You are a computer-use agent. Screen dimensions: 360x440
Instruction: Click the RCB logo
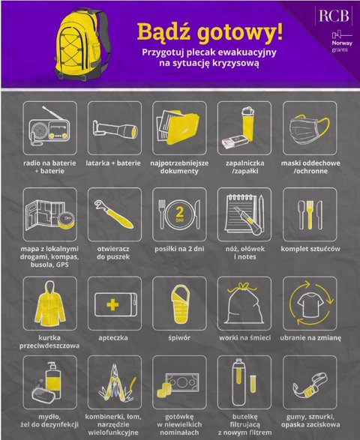pos(334,16)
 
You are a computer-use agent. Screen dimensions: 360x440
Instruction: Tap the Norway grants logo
pos(342,41)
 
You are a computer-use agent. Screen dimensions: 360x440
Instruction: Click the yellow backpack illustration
pos(82,44)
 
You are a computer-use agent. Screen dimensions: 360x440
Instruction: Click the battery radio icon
pos(49,127)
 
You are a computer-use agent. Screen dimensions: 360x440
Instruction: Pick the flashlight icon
pos(115,130)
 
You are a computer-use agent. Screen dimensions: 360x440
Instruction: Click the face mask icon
pos(309,128)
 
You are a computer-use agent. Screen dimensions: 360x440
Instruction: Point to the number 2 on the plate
pos(179,212)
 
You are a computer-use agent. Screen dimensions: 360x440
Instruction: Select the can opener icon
pos(114,214)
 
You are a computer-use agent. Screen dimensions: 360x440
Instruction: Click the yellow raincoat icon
pos(50,304)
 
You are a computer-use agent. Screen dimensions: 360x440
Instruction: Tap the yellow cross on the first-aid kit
pos(112,304)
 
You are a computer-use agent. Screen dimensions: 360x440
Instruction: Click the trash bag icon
pos(244,304)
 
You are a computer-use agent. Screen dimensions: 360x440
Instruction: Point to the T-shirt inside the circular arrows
pos(310,304)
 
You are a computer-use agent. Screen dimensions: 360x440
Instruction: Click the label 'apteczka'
pos(113,338)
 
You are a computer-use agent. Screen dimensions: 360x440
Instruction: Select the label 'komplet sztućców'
pos(310,249)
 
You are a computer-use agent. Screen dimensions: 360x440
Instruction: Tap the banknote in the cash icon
pos(182,382)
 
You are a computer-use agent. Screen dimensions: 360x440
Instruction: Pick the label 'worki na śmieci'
pos(244,337)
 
